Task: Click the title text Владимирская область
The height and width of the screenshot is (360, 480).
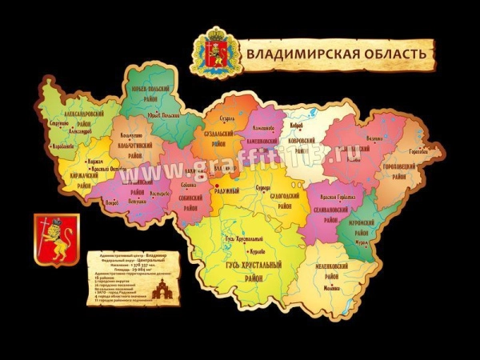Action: point(337,54)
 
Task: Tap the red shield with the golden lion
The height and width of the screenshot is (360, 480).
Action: point(54,239)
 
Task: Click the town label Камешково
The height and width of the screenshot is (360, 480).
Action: point(263,128)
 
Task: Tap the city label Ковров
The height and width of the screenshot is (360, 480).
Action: point(298,125)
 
